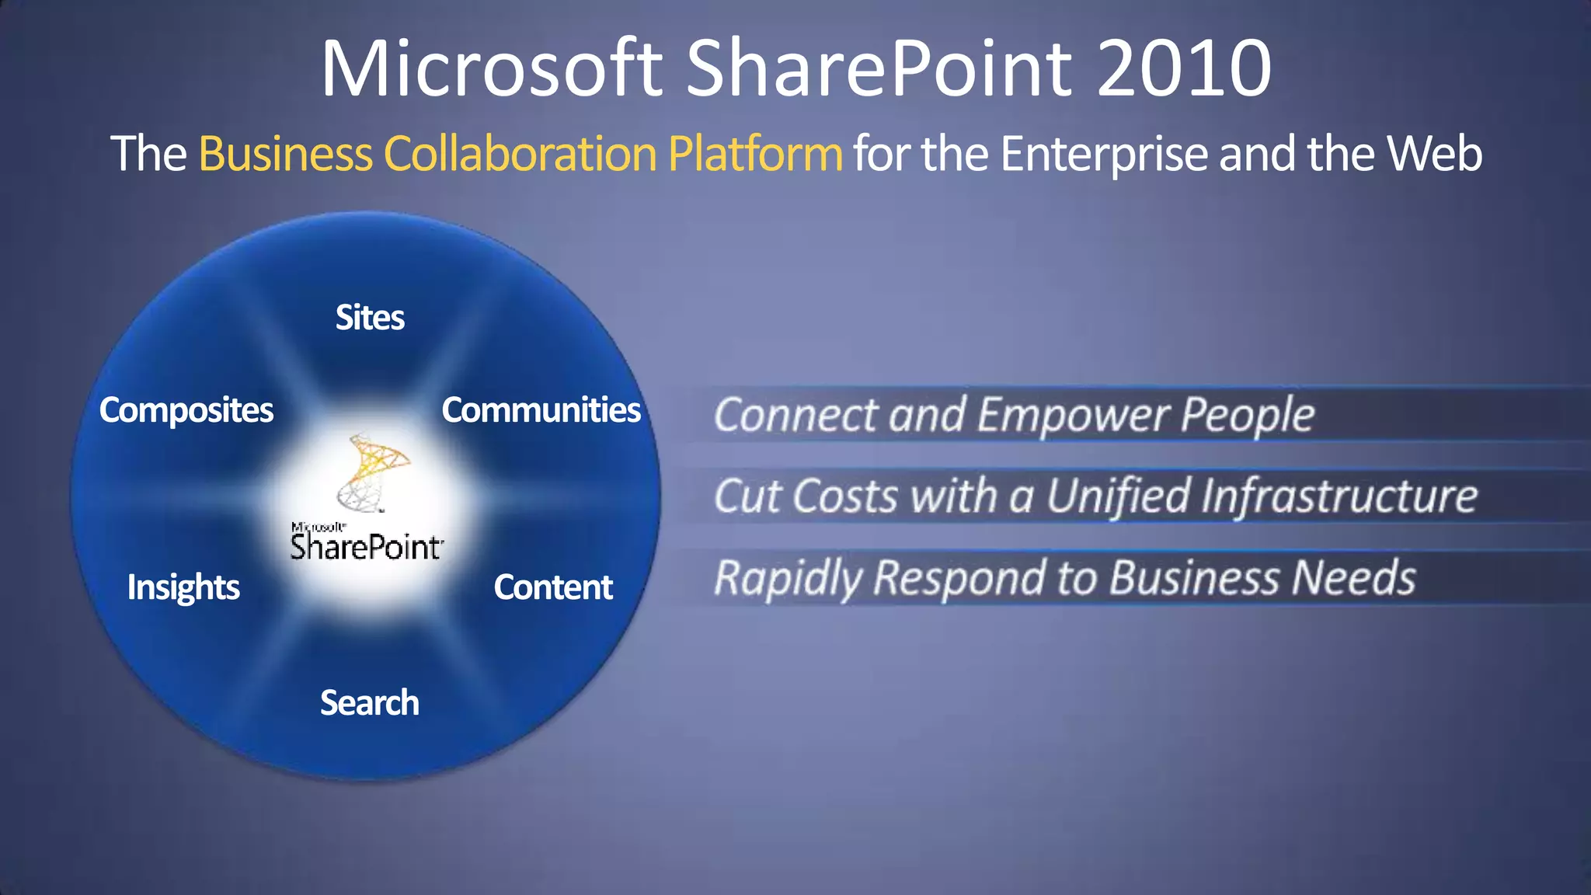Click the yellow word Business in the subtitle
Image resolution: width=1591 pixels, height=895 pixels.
pos(285,154)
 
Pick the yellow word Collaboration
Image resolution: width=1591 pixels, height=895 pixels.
pos(520,154)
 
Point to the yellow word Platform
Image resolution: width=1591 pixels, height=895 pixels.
pos(754,154)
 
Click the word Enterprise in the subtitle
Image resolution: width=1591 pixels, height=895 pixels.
pos(1104,154)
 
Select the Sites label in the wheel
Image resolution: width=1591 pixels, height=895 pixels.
pos(370,318)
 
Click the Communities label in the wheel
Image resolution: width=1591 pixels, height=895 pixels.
pos(541,410)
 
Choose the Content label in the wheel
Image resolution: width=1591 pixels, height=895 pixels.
pos(553,587)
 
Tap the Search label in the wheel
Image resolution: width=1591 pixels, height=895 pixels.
pos(370,703)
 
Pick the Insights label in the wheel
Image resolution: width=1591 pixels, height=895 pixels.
pos(183,587)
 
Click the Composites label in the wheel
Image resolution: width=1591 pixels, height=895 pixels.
pos(186,410)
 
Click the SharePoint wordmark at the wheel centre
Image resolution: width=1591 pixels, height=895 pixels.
pos(367,547)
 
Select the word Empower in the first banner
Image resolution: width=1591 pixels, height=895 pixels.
pos(1074,415)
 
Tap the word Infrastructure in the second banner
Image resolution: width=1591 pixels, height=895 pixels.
pos(1339,496)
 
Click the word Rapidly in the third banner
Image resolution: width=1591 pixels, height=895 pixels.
pos(788,579)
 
